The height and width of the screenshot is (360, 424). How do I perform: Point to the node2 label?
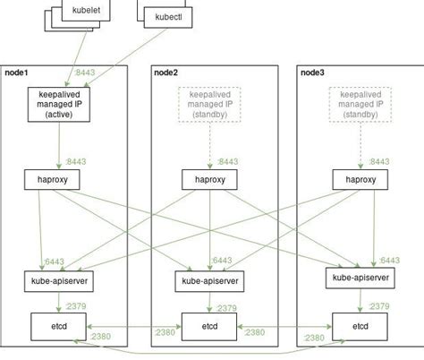pos(166,72)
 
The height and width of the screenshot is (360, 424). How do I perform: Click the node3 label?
pos(314,72)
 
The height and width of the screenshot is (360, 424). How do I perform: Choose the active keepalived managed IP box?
pos(59,104)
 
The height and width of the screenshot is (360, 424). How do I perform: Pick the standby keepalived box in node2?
pos(209,104)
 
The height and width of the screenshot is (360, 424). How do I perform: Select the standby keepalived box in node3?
pos(360,104)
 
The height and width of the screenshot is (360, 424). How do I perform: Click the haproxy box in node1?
pos(59,179)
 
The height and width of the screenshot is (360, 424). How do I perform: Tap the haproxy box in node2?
pos(209,179)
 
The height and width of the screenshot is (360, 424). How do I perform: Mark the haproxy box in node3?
pos(360,179)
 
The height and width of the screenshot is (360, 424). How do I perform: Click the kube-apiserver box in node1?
pos(59,280)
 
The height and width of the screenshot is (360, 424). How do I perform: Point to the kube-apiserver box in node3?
pos(360,279)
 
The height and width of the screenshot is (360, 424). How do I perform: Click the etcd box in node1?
pos(59,324)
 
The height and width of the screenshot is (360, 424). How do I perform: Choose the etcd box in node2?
pos(209,324)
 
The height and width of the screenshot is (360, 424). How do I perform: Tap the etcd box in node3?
pos(360,324)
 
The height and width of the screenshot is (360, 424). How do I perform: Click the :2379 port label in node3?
pos(380,305)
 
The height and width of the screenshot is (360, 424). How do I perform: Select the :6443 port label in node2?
pos(221,261)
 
